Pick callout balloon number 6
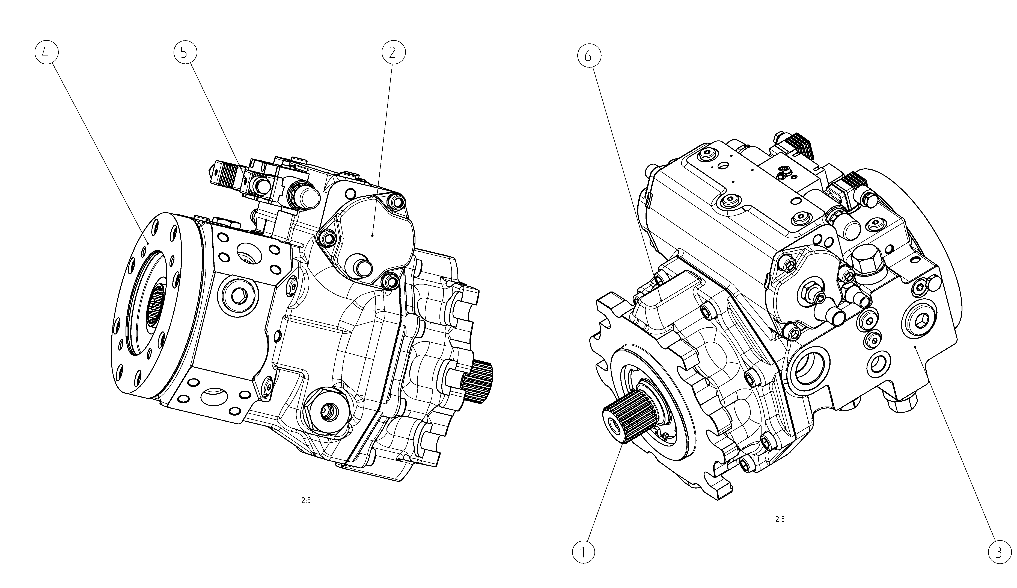(x=589, y=56)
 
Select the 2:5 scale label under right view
(x=780, y=519)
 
